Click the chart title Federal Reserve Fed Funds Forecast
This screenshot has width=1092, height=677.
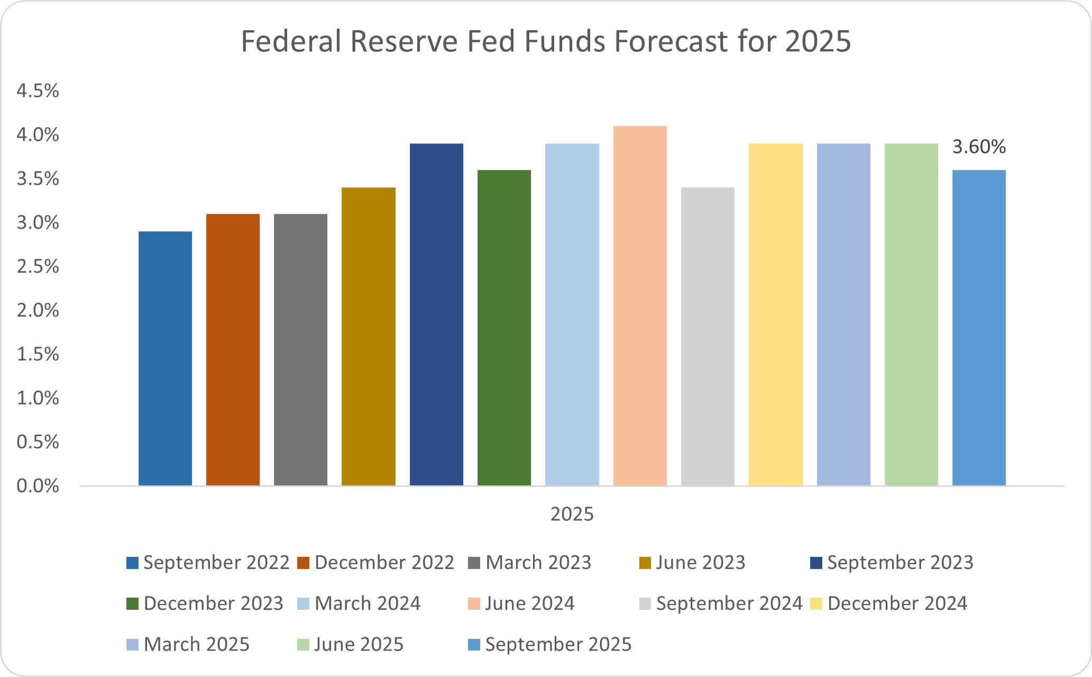(546, 41)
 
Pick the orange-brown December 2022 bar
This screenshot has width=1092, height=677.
(233, 349)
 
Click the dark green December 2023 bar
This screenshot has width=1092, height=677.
(504, 328)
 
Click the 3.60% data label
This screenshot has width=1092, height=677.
(979, 147)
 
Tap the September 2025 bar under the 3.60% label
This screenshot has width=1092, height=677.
(979, 328)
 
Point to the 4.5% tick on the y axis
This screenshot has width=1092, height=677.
(38, 91)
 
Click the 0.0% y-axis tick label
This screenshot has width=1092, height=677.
(38, 486)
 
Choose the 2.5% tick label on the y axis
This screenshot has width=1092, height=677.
(38, 266)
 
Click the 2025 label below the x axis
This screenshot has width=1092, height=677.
(572, 514)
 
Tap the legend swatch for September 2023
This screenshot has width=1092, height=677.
(816, 563)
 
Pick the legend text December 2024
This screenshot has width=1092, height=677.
(897, 603)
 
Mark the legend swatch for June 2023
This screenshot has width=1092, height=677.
(645, 563)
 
